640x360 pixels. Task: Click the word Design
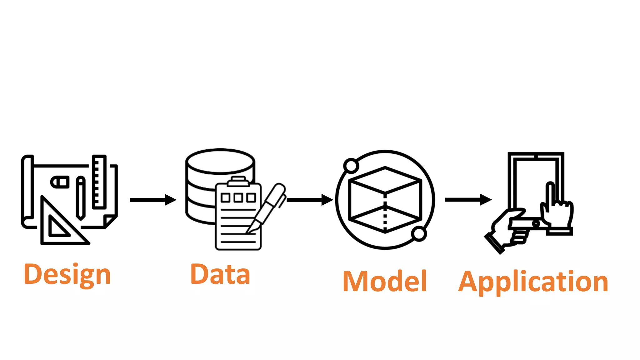click(x=67, y=275)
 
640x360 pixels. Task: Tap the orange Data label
click(x=220, y=274)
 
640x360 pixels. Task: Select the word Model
click(x=385, y=281)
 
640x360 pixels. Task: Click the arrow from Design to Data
click(x=153, y=200)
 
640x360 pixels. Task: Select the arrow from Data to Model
click(x=309, y=200)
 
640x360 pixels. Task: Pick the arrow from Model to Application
click(x=468, y=199)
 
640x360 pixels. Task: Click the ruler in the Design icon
click(x=99, y=182)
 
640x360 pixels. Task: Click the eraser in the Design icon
click(x=60, y=182)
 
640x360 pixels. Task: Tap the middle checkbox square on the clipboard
click(x=238, y=197)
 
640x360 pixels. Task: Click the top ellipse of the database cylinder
click(x=220, y=161)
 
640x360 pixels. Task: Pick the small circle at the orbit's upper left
click(x=351, y=166)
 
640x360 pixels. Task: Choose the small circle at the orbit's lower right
click(x=419, y=234)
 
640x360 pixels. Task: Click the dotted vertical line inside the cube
click(x=385, y=212)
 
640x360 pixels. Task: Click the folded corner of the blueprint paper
click(x=110, y=220)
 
